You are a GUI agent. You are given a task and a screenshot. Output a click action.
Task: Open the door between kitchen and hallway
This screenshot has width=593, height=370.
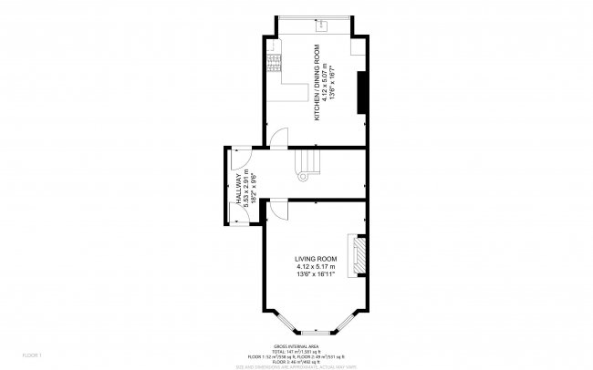pos(280,139)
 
